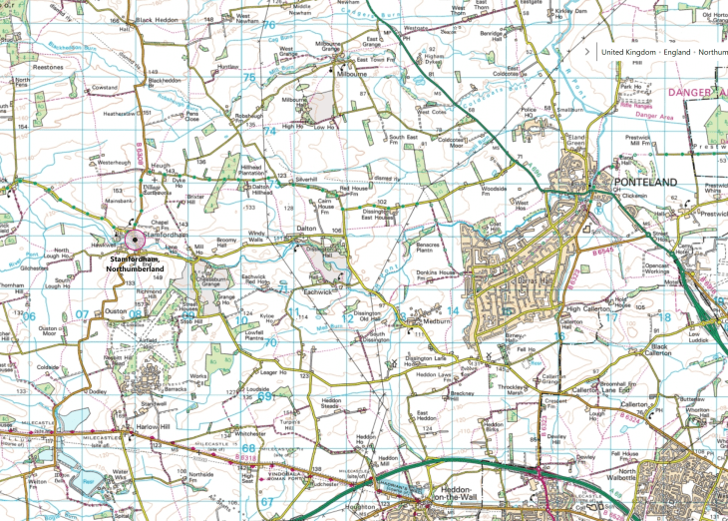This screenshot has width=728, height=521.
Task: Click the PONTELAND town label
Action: click(x=646, y=182)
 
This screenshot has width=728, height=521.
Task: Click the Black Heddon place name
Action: click(x=157, y=20)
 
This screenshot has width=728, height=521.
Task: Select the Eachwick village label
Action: click(x=321, y=292)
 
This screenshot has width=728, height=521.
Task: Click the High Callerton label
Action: click(x=585, y=309)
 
